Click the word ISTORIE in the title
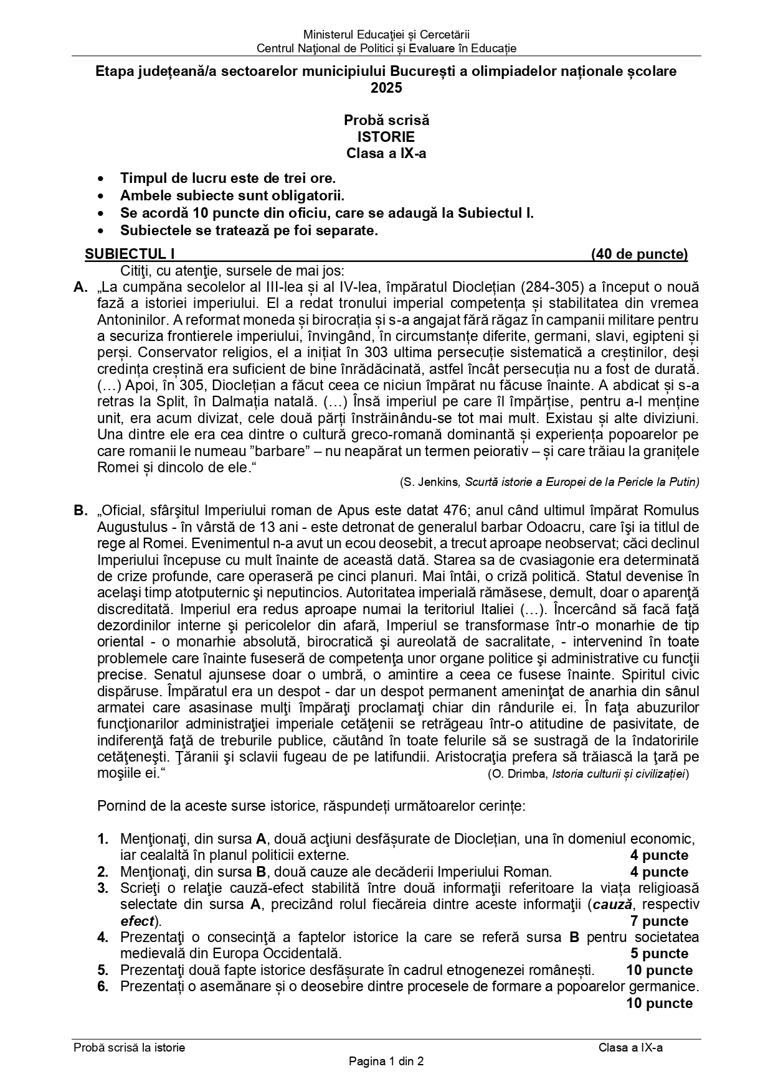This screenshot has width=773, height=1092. [386, 137]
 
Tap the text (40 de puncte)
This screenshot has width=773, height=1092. [640, 254]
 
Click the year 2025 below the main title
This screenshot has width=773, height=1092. [386, 88]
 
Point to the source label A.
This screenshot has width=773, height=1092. [80, 287]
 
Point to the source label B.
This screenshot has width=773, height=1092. [80, 511]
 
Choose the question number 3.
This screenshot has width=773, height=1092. [103, 889]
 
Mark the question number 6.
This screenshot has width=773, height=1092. [103, 986]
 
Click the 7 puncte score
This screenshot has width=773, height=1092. [659, 922]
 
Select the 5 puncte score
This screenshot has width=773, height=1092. [659, 954]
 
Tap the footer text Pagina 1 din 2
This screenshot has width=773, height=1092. [386, 1062]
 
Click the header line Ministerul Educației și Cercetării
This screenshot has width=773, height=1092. [386, 35]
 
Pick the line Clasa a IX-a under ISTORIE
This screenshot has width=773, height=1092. [386, 154]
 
